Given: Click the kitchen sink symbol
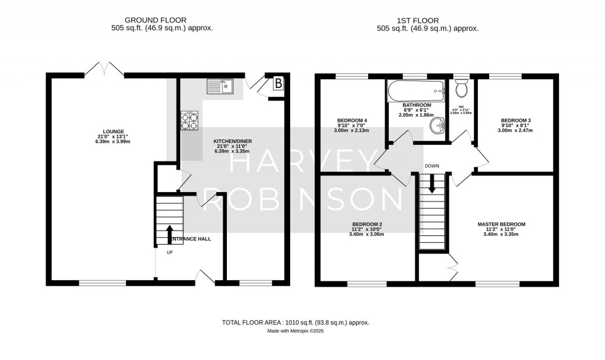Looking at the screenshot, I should click(x=220, y=87).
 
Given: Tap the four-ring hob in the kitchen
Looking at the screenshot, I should click(x=190, y=121).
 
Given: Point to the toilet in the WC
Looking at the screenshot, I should click(x=463, y=89).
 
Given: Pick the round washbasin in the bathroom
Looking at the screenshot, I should click(x=438, y=125).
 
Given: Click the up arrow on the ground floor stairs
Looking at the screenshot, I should click(x=171, y=233).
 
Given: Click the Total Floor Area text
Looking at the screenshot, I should click(x=295, y=322).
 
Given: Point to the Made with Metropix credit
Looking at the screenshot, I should click(x=295, y=331).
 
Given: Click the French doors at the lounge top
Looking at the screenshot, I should click(x=105, y=70).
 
